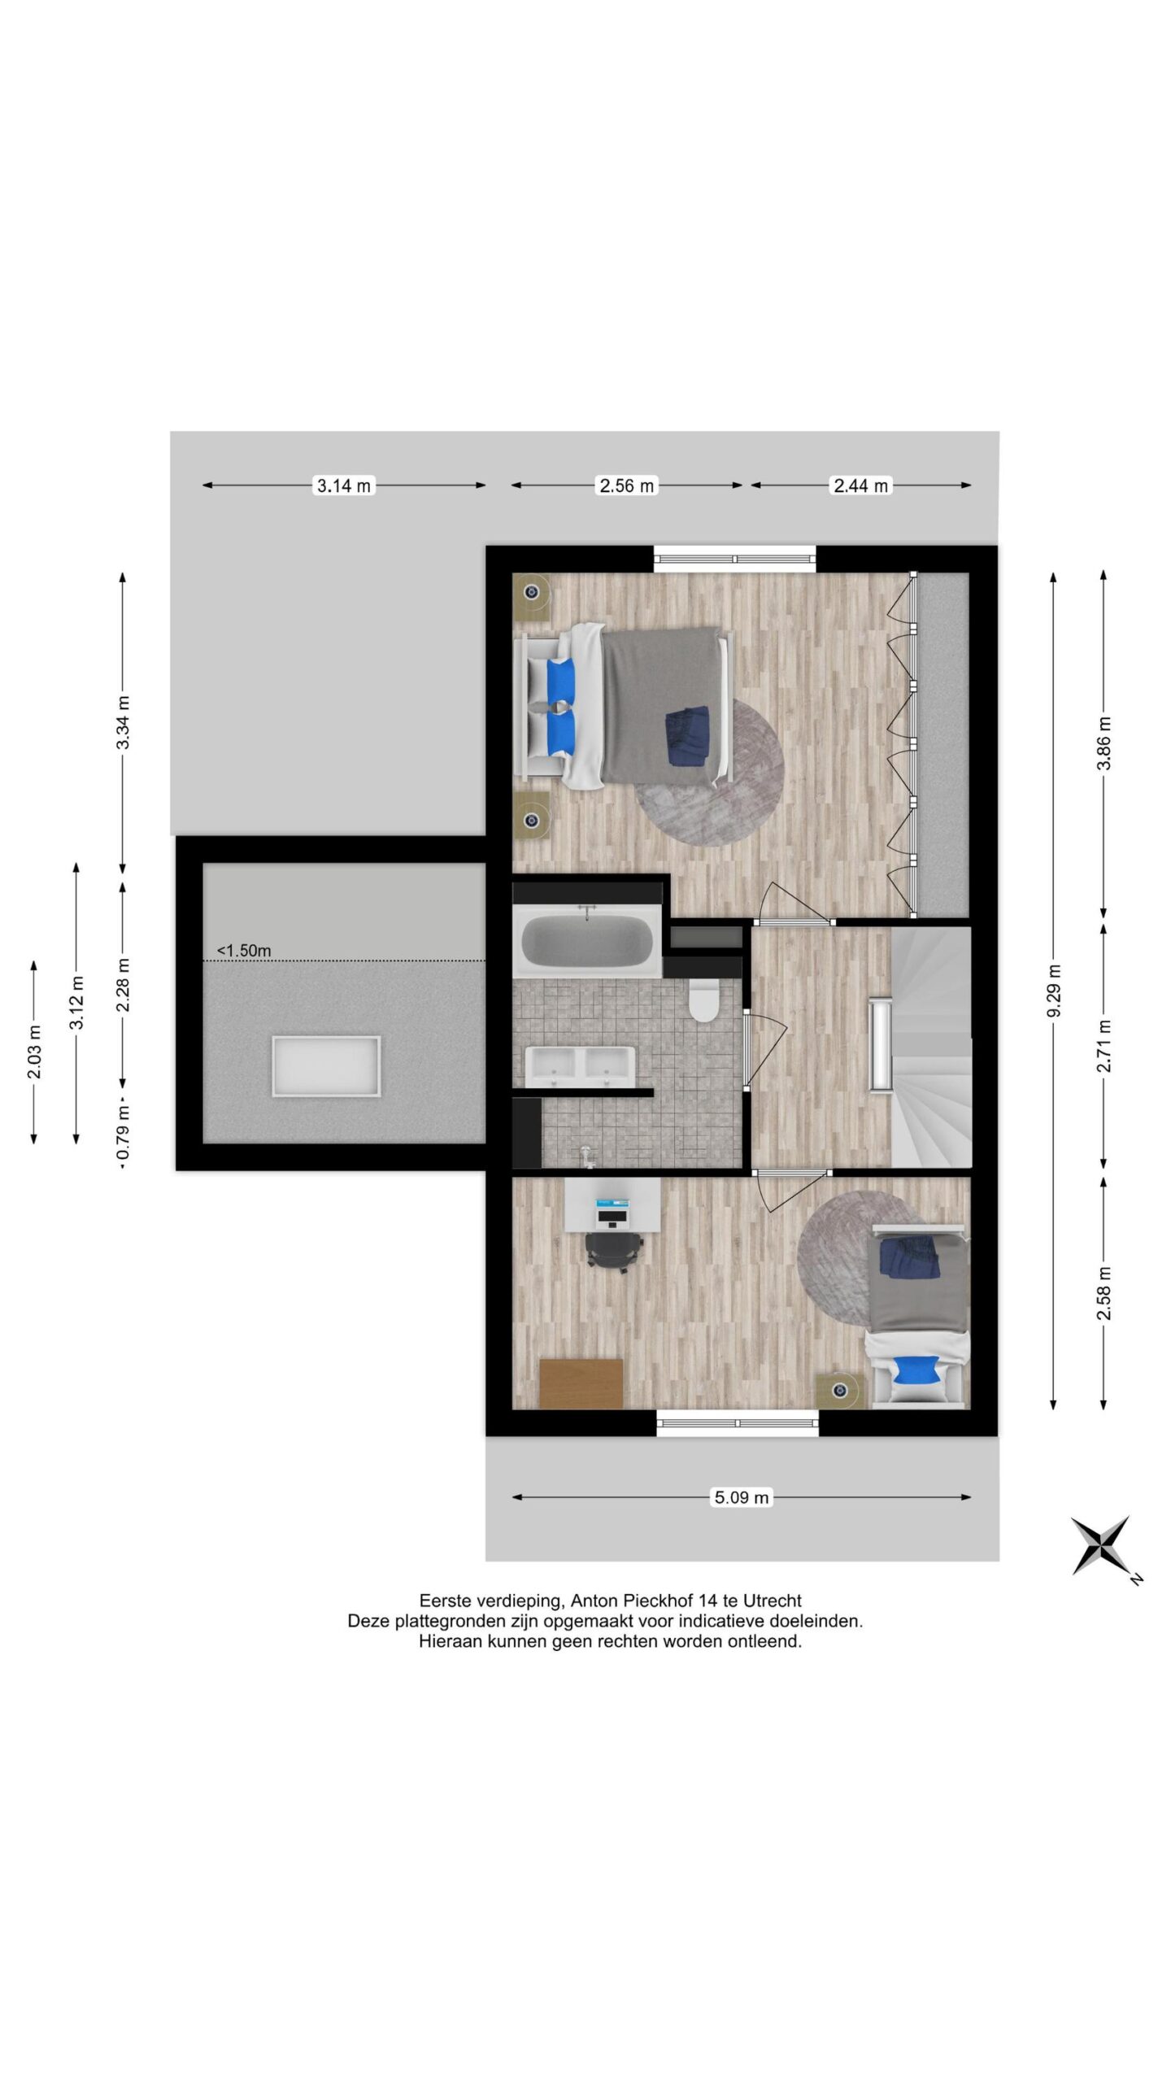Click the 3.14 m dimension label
344,486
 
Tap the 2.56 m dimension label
626,486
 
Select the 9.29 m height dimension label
1054,991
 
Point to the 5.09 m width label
741,1497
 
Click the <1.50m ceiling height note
244,950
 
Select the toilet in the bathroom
702,1000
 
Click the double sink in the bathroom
580,1065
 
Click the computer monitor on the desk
612,1216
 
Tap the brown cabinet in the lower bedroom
581,1383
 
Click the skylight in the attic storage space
326,1066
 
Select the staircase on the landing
931,1047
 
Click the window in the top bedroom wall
735,558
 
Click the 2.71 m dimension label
1104,1045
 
